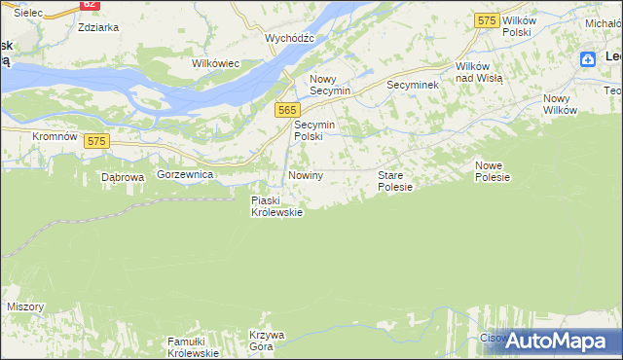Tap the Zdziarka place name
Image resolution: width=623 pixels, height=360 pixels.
[98, 27]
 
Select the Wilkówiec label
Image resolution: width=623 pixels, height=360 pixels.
[216, 63]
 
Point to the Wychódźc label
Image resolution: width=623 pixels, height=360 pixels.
[289, 38]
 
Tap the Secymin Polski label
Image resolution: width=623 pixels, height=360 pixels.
[314, 131]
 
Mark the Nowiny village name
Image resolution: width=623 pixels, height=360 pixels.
[306, 175]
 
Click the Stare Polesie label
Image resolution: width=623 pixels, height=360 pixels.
[395, 181]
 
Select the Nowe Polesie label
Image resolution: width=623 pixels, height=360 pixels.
[493, 171]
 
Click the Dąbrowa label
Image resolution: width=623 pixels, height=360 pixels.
[123, 178]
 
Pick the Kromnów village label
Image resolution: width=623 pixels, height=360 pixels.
[55, 136]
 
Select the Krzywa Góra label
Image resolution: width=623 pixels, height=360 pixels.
[266, 341]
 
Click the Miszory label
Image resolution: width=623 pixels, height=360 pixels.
[25, 306]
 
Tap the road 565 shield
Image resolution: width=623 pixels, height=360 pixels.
[286, 110]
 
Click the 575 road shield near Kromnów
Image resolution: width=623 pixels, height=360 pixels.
[95, 141]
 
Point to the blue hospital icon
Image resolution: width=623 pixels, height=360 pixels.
[588, 59]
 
